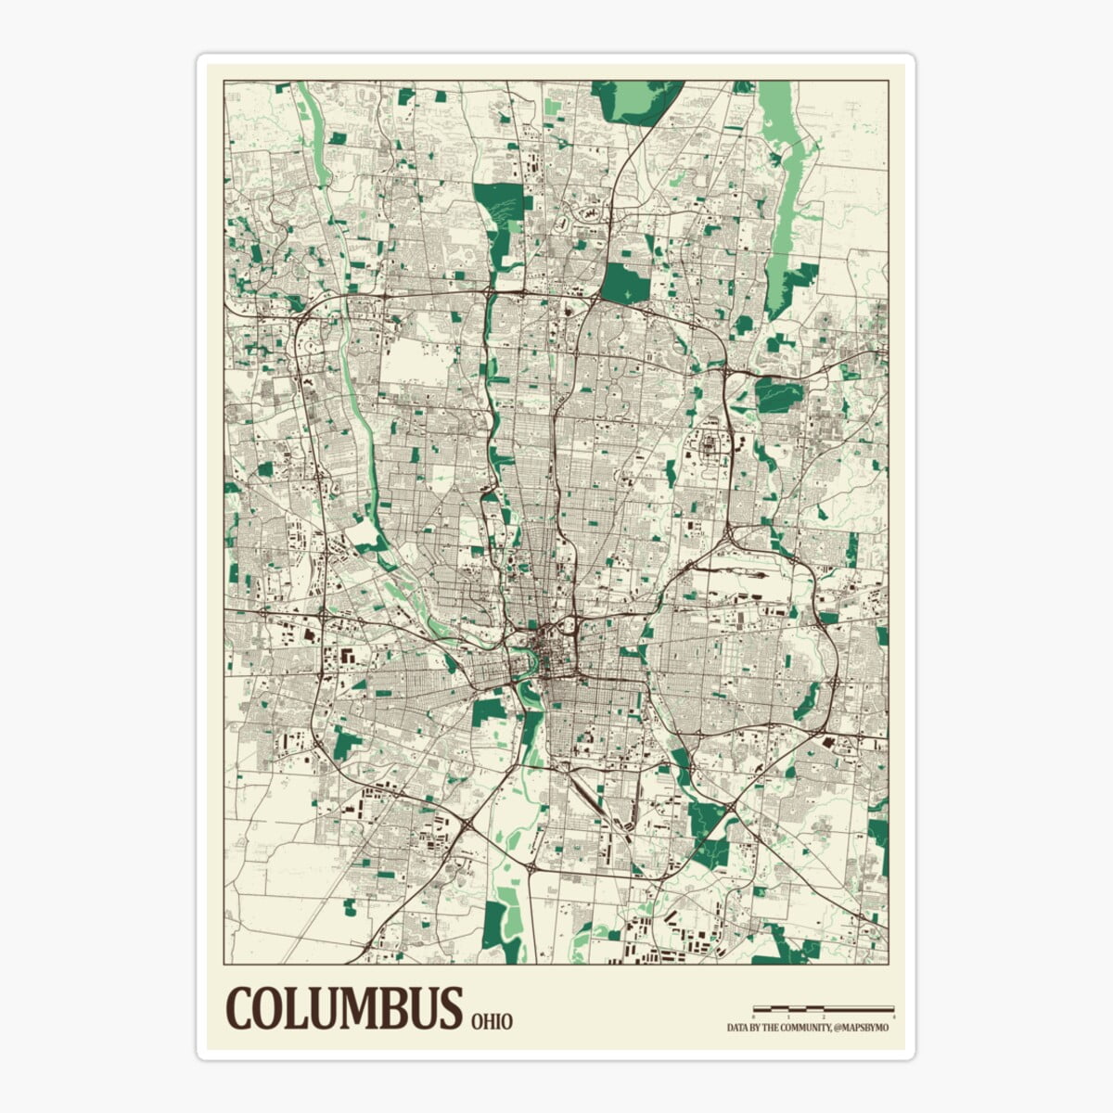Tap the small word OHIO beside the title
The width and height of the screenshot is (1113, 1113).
pyautogui.click(x=492, y=1021)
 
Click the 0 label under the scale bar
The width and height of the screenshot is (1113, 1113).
pyautogui.click(x=753, y=1017)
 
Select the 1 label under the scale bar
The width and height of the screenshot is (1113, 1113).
pyautogui.click(x=788, y=1017)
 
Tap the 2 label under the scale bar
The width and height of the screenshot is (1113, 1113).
pyautogui.click(x=824, y=1017)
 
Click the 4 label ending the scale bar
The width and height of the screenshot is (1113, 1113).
pyautogui.click(x=894, y=1017)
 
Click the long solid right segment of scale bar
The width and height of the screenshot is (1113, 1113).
pyautogui.click(x=859, y=1009)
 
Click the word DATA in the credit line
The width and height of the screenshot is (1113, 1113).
pyautogui.click(x=737, y=1028)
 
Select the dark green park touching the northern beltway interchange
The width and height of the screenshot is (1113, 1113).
pyautogui.click(x=627, y=283)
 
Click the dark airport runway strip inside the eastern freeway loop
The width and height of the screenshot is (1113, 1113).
pyautogui.click(x=733, y=574)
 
